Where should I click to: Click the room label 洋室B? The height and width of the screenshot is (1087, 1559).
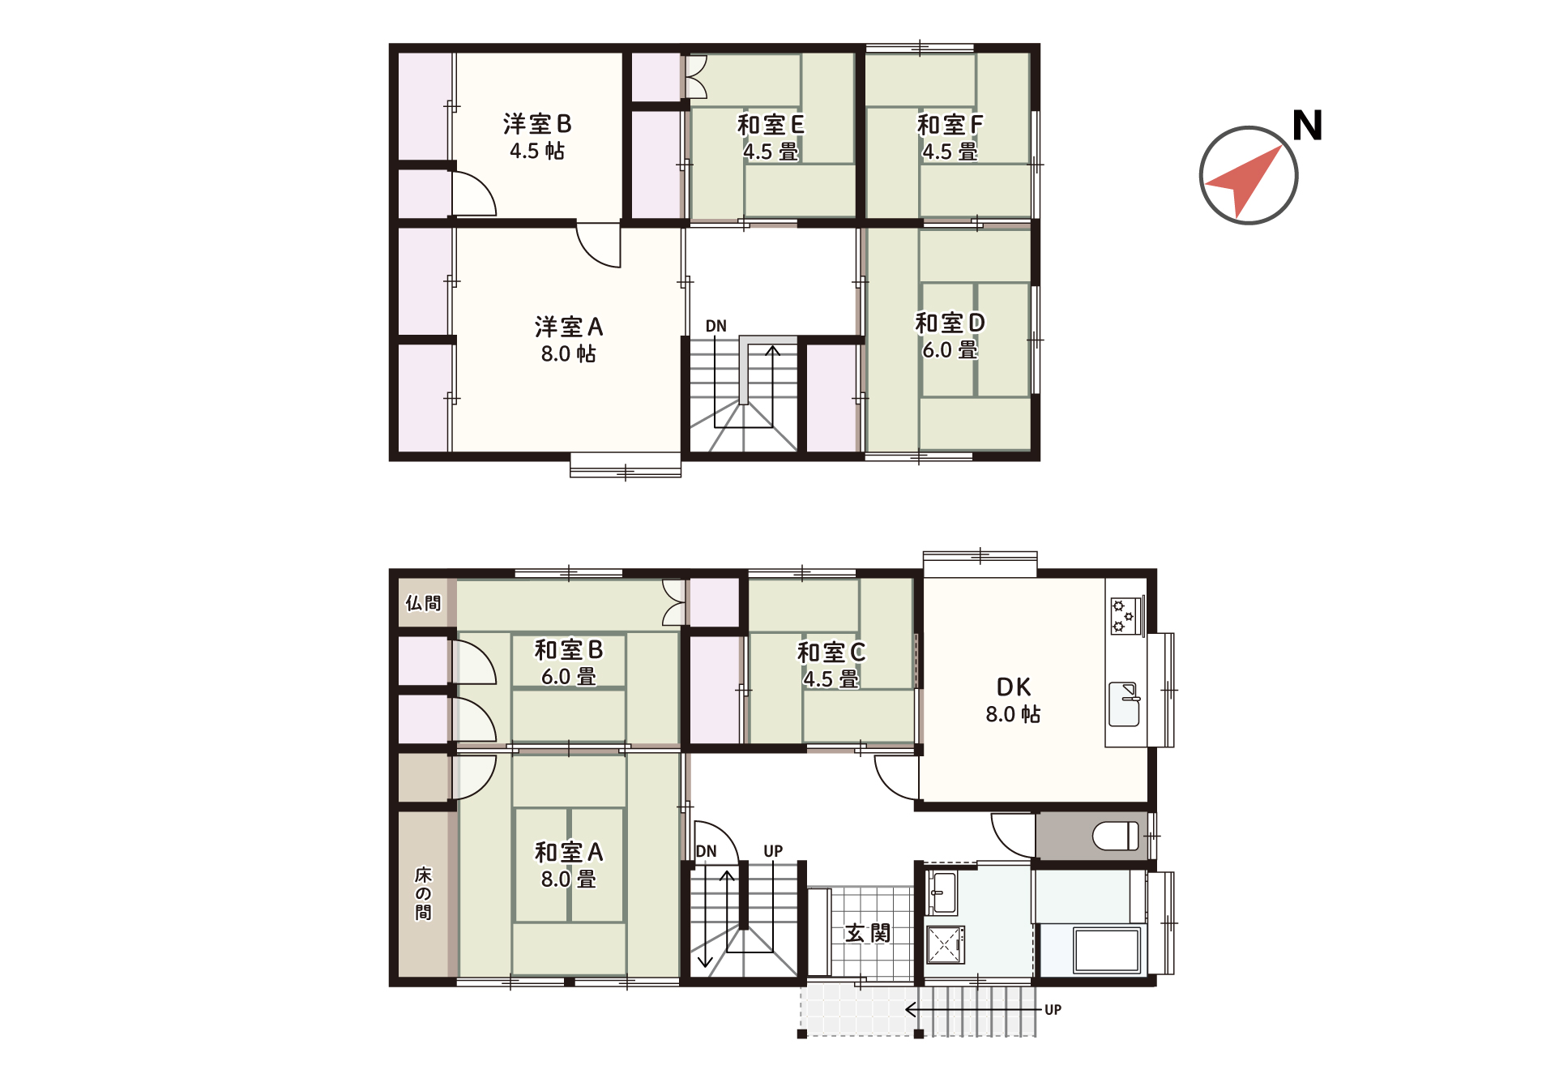tap(537, 124)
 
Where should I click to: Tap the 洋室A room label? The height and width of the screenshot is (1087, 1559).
tap(569, 327)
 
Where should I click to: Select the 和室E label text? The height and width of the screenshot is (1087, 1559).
tap(771, 125)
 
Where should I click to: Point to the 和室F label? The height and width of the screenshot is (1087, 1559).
tap(950, 125)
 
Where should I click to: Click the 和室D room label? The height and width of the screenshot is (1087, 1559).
tap(950, 323)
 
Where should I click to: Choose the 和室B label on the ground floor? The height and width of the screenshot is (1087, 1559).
tap(569, 649)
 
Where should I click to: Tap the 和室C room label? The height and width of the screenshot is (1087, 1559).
tap(831, 652)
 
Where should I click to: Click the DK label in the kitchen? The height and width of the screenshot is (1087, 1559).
tap(1014, 687)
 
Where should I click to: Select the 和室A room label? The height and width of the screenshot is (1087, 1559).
tap(569, 852)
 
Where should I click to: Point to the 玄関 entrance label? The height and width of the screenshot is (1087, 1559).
tap(868, 933)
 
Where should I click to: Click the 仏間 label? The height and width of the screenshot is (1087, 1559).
tap(423, 603)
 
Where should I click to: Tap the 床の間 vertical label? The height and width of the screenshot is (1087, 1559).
tap(423, 893)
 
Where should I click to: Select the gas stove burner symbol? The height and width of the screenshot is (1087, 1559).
tap(1124, 615)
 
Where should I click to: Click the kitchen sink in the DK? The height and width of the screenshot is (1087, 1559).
tap(1124, 704)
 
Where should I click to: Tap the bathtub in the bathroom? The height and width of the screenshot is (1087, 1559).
tap(1107, 950)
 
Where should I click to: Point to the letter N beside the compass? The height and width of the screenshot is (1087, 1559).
tap(1307, 126)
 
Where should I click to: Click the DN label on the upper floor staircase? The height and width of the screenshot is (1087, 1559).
tap(715, 326)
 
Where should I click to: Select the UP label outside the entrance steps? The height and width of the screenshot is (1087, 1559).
tap(1053, 1010)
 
